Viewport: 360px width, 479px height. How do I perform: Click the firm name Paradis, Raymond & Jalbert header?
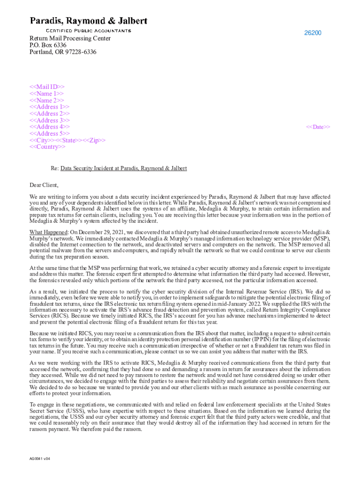click(89, 21)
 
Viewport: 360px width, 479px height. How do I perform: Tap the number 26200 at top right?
click(313, 33)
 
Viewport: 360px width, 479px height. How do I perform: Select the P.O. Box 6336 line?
click(48, 45)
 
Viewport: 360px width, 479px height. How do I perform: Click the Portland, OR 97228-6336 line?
click(63, 52)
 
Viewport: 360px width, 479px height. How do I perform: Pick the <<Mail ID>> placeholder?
click(47, 87)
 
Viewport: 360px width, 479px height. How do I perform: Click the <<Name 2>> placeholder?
click(47, 100)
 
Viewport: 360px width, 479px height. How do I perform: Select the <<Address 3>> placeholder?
click(50, 120)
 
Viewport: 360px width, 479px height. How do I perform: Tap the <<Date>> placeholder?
click(318, 127)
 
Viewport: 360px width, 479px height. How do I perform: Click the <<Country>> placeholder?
click(48, 147)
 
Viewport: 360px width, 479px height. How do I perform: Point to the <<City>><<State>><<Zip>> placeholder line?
click(67, 140)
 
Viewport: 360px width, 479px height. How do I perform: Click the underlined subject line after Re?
click(124, 168)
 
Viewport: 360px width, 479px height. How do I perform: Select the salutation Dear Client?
click(44, 185)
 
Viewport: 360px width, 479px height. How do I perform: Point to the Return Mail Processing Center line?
click(70, 38)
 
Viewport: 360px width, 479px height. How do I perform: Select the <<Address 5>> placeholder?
click(50, 133)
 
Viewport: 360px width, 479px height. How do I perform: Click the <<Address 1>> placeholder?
click(50, 107)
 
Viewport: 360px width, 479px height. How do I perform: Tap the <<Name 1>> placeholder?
click(47, 94)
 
